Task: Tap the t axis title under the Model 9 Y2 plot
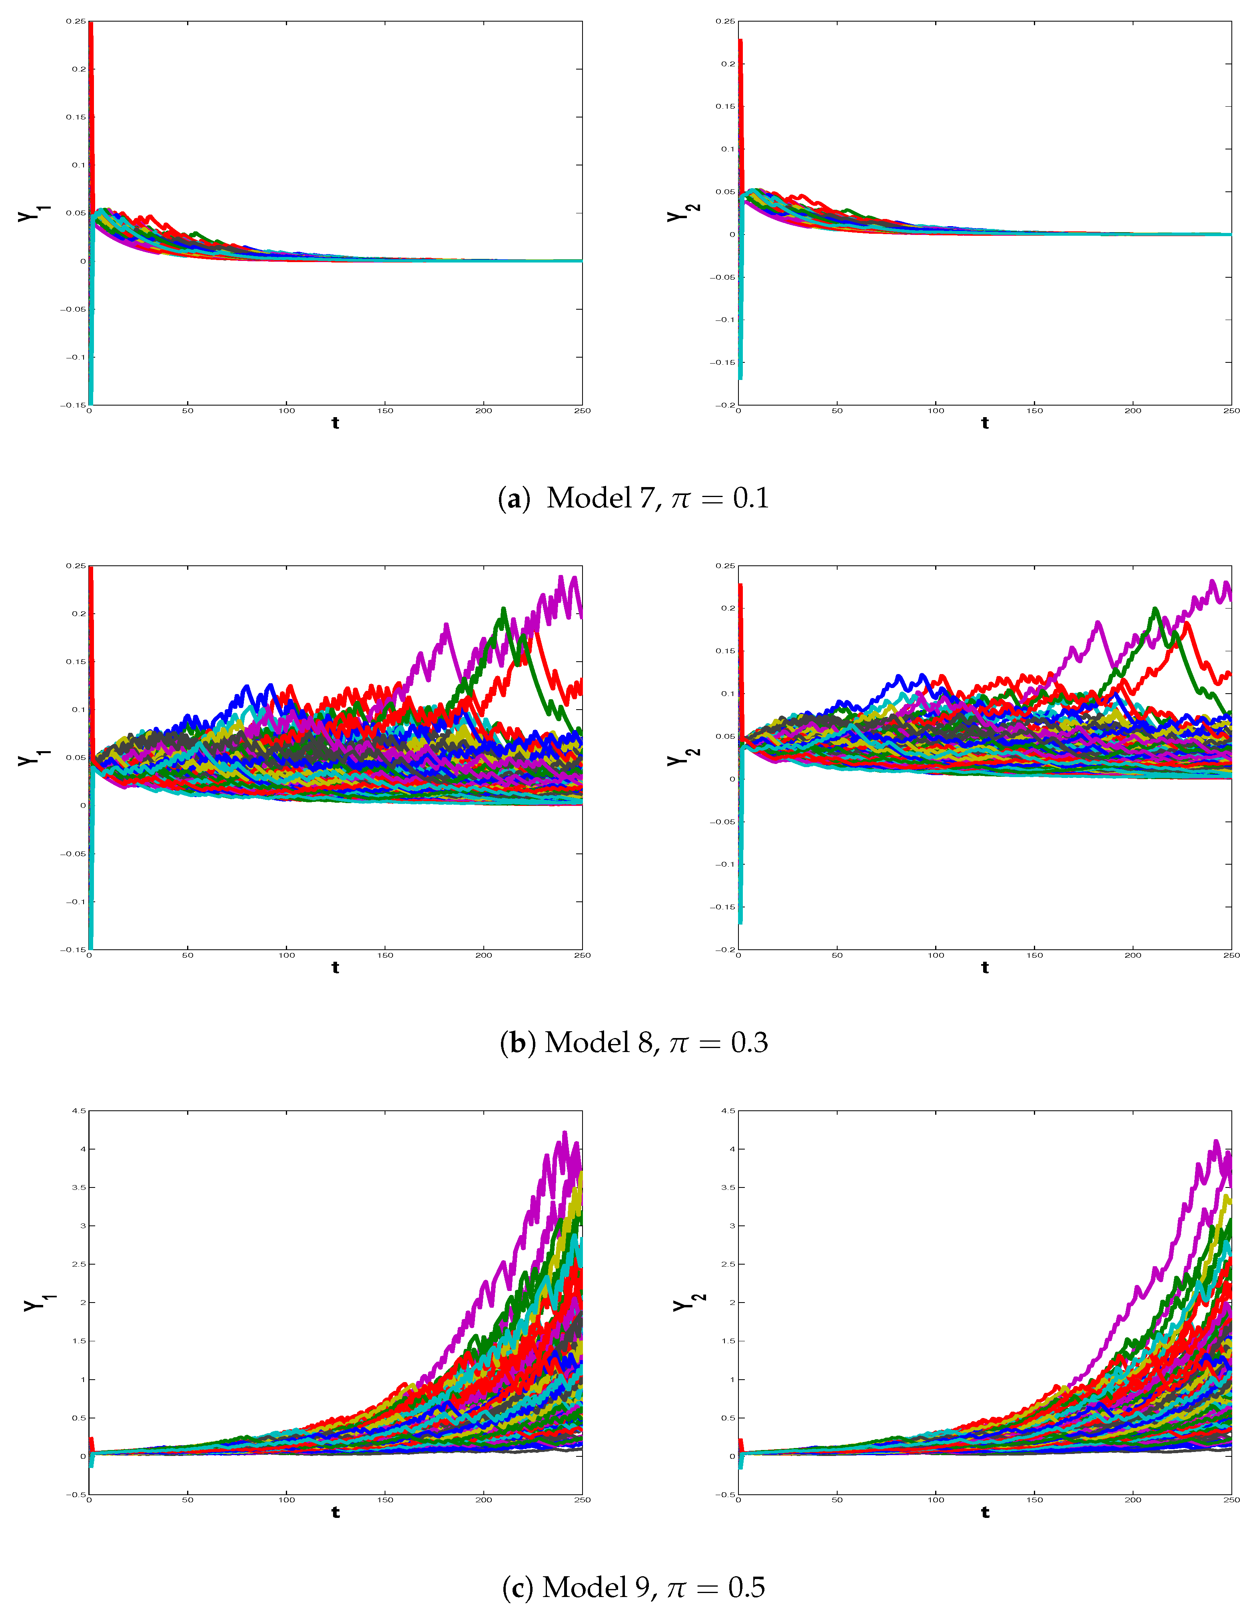pos(985,1512)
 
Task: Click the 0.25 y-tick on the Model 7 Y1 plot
pos(76,22)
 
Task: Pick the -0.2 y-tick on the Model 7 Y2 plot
pos(724,405)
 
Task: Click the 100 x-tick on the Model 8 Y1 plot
pos(286,955)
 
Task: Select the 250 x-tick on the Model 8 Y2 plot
pos(1231,955)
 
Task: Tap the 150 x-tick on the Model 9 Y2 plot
pos(1035,1500)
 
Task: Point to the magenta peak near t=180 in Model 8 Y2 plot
pos(1098,623)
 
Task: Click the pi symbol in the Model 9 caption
pos(677,1587)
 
